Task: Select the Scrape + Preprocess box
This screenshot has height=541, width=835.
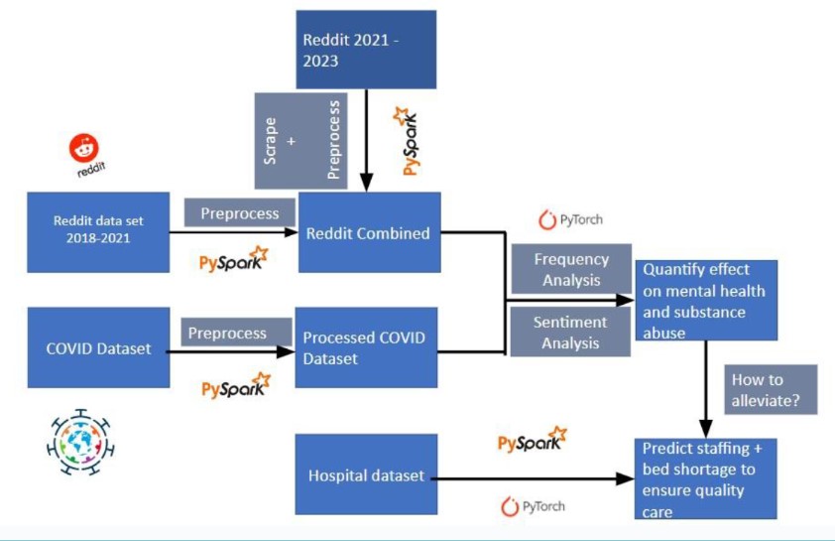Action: [300, 140]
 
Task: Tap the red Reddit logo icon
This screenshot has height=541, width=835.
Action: [84, 150]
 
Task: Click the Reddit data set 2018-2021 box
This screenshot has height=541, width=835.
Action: [98, 231]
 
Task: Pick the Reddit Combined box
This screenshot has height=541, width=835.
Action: [369, 232]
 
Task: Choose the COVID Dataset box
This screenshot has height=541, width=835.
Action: [98, 347]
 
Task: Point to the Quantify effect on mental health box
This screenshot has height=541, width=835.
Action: [705, 301]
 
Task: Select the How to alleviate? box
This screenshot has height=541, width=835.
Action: [771, 390]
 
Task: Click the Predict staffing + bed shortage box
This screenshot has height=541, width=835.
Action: [705, 479]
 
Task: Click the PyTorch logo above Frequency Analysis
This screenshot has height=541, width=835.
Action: [570, 219]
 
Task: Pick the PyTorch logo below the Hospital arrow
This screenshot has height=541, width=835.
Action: [533, 507]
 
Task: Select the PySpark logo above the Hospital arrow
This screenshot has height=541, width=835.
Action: [533, 440]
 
